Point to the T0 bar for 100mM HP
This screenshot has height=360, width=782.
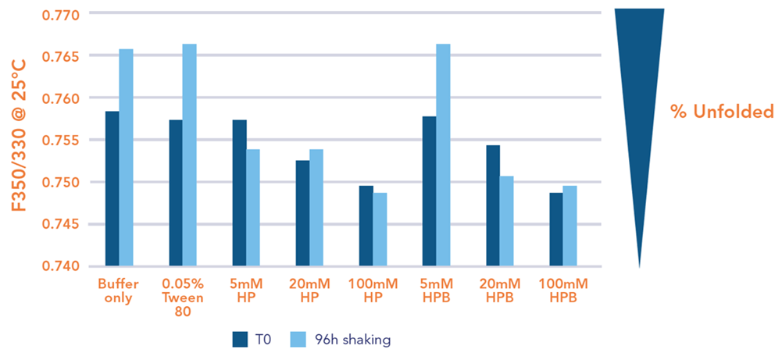(366, 226)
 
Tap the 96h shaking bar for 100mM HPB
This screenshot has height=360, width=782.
(570, 226)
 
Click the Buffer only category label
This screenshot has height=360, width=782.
(119, 290)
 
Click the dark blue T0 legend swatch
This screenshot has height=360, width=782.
(240, 339)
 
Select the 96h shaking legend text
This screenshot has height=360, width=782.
(359, 339)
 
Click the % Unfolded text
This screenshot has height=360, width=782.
(721, 112)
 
